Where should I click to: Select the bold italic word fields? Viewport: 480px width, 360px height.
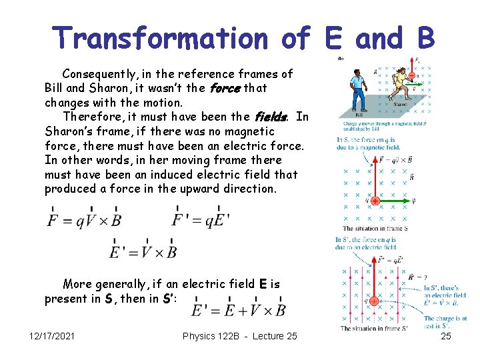pyautogui.click(x=270, y=117)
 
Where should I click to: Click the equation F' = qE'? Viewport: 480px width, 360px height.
pyautogui.click(x=202, y=219)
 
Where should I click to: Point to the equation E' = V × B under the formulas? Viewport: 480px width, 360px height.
pyautogui.click(x=143, y=251)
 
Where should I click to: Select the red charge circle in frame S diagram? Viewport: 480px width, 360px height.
pyautogui.click(x=375, y=201)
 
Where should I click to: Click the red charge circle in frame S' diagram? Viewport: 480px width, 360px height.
pyautogui.click(x=373, y=301)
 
